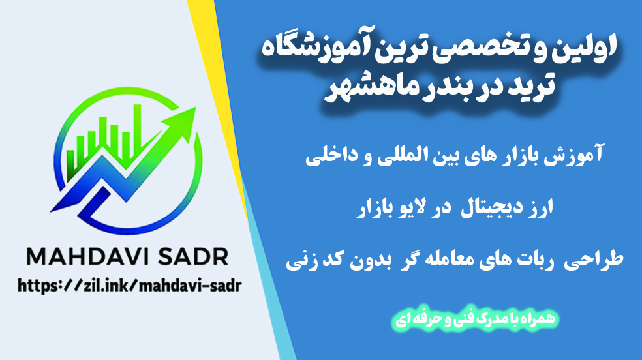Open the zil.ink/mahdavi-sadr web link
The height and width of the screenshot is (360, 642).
(x=129, y=286)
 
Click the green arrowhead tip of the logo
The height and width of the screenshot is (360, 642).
(x=195, y=108)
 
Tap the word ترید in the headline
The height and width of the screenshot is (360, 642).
(x=530, y=86)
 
